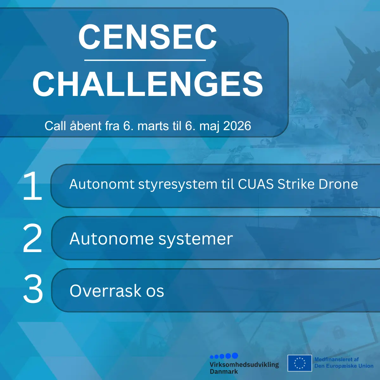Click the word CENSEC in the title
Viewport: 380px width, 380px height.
[x=148, y=37]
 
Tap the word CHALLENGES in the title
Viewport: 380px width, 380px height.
[x=148, y=84]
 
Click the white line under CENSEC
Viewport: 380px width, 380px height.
[x=145, y=60]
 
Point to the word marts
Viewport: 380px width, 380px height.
[x=153, y=126]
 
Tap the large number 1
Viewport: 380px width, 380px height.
[x=33, y=186]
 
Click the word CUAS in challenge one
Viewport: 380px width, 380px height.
[x=256, y=184]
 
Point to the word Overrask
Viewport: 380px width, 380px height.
[x=105, y=291]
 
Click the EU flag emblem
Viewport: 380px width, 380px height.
[x=300, y=366]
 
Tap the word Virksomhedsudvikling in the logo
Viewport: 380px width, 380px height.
[x=244, y=364]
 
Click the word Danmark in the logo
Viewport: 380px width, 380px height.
[x=224, y=371]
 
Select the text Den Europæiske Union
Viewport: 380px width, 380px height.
[x=344, y=366]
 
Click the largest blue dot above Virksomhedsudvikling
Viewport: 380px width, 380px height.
[x=235, y=356]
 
